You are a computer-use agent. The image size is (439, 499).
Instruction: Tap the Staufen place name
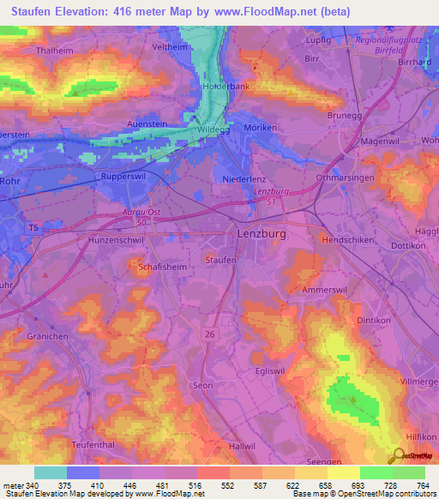coord(220,259)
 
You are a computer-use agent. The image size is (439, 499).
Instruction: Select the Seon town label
coord(202,386)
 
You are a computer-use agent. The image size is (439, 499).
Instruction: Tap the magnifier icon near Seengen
coord(397,456)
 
